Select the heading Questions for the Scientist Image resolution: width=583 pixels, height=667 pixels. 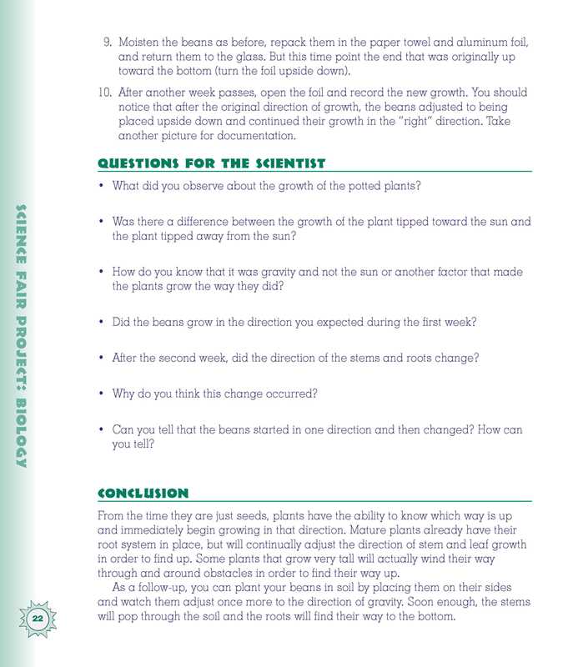(211, 163)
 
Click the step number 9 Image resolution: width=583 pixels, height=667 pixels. (107, 42)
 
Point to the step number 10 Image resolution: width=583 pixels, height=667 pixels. (104, 93)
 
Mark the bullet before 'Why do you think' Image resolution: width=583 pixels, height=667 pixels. (101, 394)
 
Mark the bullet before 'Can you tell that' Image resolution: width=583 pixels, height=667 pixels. (101, 430)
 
